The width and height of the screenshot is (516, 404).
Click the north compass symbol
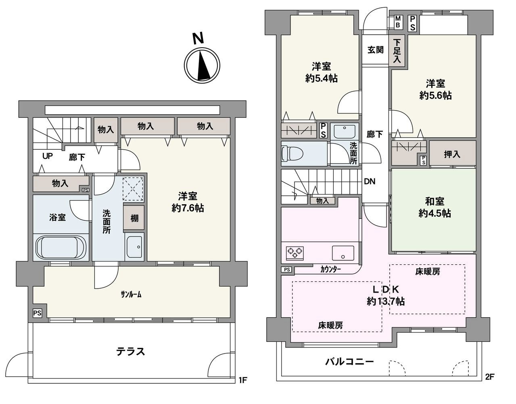[202, 65]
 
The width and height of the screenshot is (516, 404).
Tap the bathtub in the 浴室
[61, 247]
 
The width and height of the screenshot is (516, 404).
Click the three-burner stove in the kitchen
[295, 253]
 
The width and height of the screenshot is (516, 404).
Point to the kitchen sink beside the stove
[343, 253]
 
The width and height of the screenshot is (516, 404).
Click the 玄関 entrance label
[376, 50]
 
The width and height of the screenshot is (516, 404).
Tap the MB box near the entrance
[398, 22]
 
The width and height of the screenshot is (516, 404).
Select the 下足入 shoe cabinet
[397, 51]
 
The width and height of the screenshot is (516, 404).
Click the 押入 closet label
[452, 155]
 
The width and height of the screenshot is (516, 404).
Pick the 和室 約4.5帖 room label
[435, 207]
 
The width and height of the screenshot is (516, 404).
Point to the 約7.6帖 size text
[188, 208]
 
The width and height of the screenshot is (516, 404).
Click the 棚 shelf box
[134, 218]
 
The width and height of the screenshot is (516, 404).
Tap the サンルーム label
[131, 295]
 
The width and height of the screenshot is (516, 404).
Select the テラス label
[131, 352]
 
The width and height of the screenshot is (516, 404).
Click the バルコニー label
[349, 362]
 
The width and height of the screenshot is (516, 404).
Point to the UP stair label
[48, 156]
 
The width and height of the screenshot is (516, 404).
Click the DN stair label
[370, 182]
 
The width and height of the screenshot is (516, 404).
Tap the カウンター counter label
[330, 269]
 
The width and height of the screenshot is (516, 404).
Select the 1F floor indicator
[243, 381]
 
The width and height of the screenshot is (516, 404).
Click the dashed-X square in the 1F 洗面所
[134, 189]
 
